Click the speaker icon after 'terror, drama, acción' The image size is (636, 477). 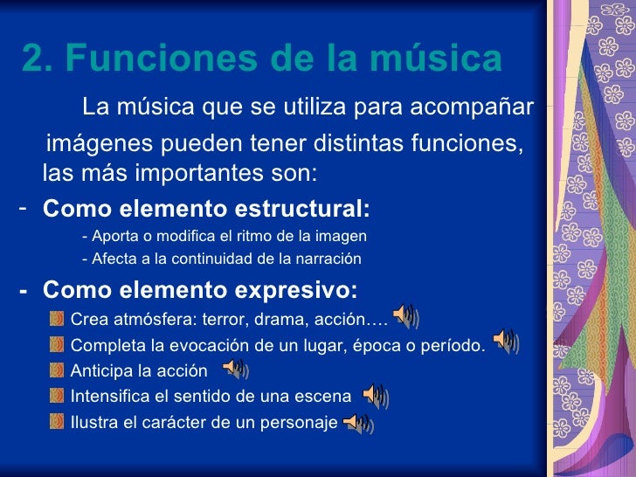(x=404, y=315)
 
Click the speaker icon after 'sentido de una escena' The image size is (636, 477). (x=374, y=397)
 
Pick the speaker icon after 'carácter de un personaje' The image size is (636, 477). (x=358, y=425)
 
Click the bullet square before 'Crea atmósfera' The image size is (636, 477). (x=57, y=316)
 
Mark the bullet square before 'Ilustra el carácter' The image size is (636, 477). (x=57, y=424)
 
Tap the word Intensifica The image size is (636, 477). (x=109, y=397)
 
